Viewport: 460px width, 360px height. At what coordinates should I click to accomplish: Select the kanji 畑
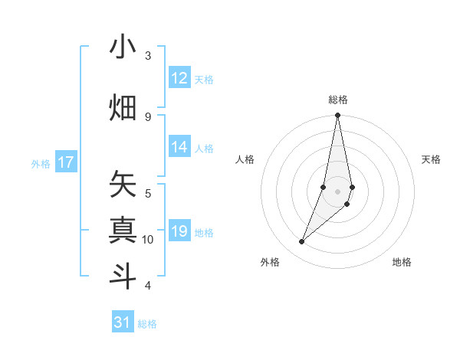point(123,107)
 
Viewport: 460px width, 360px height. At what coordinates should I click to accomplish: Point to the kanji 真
point(123,231)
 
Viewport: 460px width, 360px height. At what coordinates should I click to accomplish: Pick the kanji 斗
point(123,277)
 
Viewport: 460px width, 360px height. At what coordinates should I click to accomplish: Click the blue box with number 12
point(179,78)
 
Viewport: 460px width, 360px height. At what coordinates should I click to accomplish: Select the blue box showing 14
point(179,148)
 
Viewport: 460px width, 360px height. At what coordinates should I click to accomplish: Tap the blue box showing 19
point(179,232)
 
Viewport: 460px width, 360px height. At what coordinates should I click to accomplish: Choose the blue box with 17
point(66,162)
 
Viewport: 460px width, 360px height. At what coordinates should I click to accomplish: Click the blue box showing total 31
point(123,322)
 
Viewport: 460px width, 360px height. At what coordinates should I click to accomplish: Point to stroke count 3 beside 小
point(148,55)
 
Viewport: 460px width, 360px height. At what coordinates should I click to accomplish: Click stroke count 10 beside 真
point(148,240)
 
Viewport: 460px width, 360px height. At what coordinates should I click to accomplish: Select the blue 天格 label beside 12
point(204,79)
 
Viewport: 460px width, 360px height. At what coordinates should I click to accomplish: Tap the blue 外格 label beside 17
point(41,163)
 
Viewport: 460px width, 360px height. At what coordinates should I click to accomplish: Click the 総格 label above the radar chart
point(338,100)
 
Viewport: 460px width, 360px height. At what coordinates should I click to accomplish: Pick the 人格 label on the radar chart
point(245,159)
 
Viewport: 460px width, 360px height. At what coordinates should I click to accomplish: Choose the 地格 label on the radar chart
point(402,262)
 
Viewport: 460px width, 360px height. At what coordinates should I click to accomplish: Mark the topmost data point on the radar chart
point(337,116)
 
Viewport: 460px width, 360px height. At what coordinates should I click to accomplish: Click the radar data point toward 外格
point(302,242)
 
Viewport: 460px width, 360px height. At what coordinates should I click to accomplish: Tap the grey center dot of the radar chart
point(337,191)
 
